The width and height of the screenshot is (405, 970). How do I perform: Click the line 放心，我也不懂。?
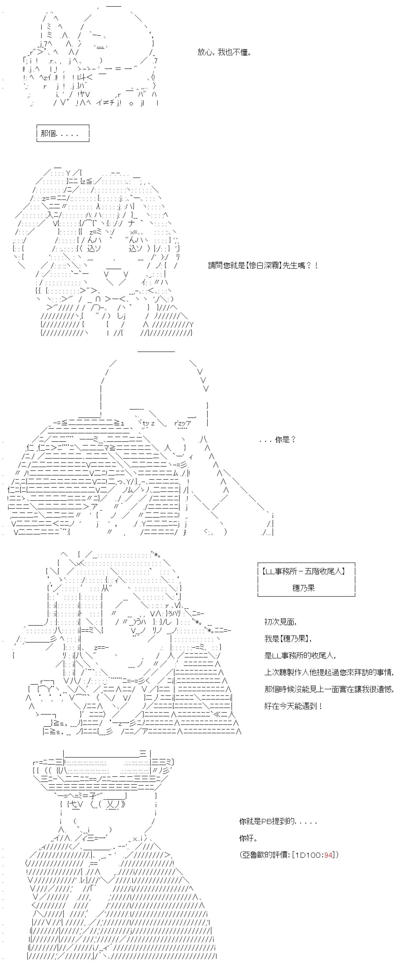tap(225, 52)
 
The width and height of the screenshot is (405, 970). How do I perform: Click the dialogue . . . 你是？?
tap(278, 439)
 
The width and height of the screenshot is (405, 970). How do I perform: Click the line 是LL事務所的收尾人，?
tap(300, 655)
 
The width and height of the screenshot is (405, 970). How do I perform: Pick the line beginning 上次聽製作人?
tap(329, 672)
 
